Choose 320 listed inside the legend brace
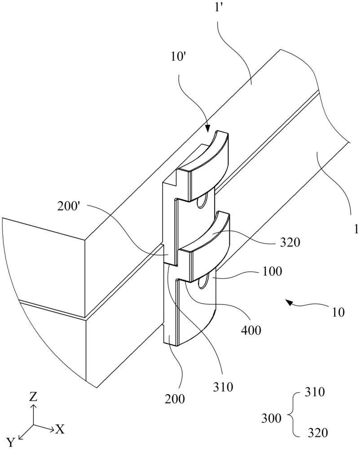pyautogui.click(x=317, y=433)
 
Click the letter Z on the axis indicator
pyautogui.click(x=34, y=397)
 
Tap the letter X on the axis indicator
pyautogui.click(x=59, y=429)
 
